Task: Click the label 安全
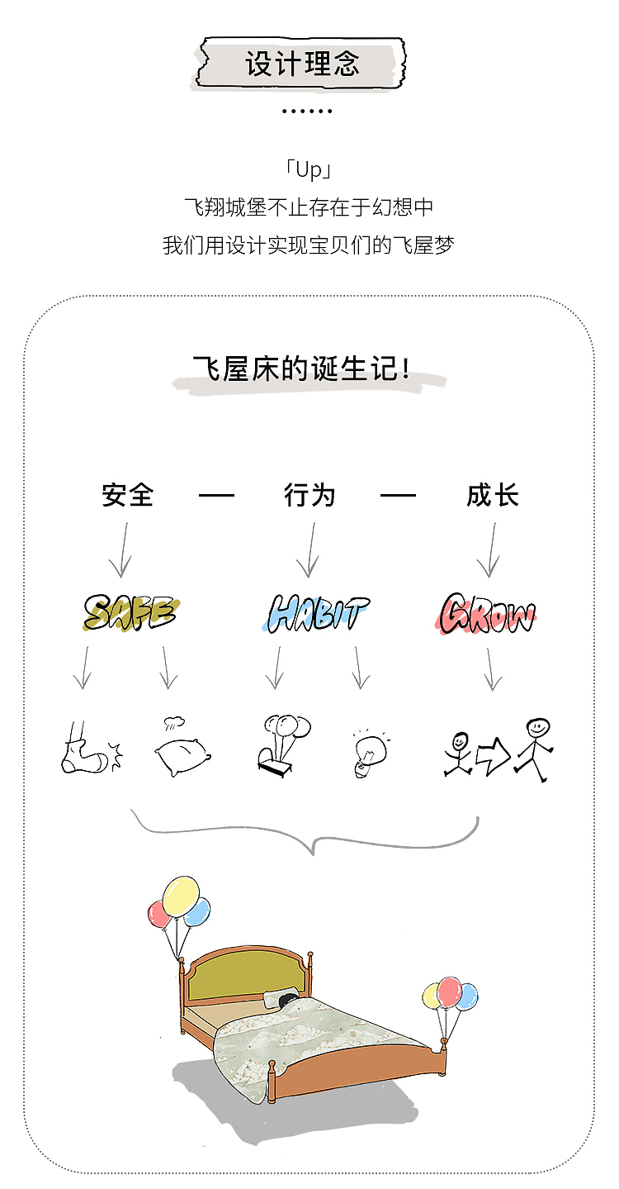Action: pyautogui.click(x=128, y=496)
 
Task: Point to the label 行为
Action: pyautogui.click(x=309, y=496)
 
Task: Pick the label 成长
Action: pyautogui.click(x=493, y=496)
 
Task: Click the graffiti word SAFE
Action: pyautogui.click(x=130, y=613)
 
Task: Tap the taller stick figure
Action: pyautogui.click(x=536, y=748)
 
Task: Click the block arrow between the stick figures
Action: pyautogui.click(x=493, y=755)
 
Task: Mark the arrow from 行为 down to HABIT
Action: pyautogui.click(x=310, y=550)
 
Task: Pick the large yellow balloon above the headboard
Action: pyautogui.click(x=181, y=896)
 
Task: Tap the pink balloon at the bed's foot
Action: pyautogui.click(x=449, y=992)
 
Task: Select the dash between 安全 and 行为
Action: pyautogui.click(x=216, y=496)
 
